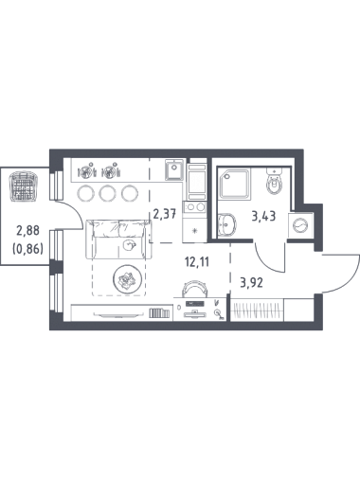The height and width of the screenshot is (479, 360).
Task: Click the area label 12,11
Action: coord(197,262)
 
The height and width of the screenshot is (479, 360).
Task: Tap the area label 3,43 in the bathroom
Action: coord(263,217)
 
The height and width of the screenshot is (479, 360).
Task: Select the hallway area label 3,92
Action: coord(251,282)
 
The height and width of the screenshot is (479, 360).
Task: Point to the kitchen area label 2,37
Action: coord(164,215)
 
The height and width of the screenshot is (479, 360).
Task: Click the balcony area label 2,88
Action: coord(28,231)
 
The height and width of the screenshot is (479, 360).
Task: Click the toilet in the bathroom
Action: coord(274,181)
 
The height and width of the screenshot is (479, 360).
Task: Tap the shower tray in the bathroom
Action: coord(235,184)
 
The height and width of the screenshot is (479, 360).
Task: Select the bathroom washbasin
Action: coord(227,224)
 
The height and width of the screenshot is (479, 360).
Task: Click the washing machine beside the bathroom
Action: coord(300,225)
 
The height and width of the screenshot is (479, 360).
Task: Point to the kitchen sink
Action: coord(174,169)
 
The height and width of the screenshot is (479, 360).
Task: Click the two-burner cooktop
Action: coord(195,207)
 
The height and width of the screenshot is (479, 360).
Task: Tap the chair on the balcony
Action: coord(24,186)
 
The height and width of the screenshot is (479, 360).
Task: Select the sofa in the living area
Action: coord(118,239)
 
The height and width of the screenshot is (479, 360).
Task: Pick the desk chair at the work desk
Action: coord(194,289)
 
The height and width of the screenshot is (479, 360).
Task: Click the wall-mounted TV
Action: coord(117,314)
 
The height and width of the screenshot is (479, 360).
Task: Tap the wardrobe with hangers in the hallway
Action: coord(257,310)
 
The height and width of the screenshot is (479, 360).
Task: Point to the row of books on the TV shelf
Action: coord(159,312)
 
